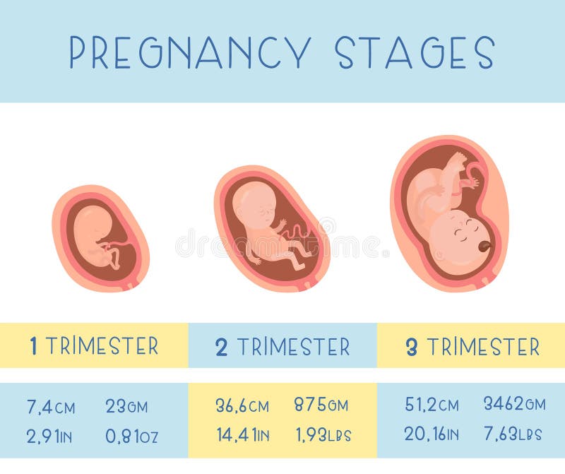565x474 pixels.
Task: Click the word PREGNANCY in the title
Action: (x=190, y=52)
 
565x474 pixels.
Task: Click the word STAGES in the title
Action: (x=415, y=52)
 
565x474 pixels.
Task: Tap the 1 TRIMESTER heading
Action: (x=94, y=345)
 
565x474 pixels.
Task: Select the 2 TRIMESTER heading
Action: (x=282, y=346)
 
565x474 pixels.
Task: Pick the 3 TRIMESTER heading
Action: (x=472, y=346)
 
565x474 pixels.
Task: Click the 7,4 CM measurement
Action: (x=51, y=407)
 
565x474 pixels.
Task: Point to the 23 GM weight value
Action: (x=126, y=406)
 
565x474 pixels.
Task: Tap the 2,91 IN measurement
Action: (x=49, y=436)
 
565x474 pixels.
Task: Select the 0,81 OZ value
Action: (x=131, y=436)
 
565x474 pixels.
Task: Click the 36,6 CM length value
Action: (x=242, y=405)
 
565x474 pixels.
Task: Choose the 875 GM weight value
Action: (x=321, y=404)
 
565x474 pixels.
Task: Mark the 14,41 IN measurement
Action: (x=243, y=434)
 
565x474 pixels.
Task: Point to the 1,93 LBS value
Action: (x=323, y=434)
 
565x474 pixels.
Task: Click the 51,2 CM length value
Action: (x=432, y=404)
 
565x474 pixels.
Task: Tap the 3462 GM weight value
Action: (x=515, y=403)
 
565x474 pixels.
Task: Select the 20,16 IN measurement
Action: (x=432, y=434)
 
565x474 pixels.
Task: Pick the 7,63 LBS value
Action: (x=513, y=434)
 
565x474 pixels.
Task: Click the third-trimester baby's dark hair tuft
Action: (x=483, y=247)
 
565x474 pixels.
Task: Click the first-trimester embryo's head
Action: (x=92, y=220)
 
